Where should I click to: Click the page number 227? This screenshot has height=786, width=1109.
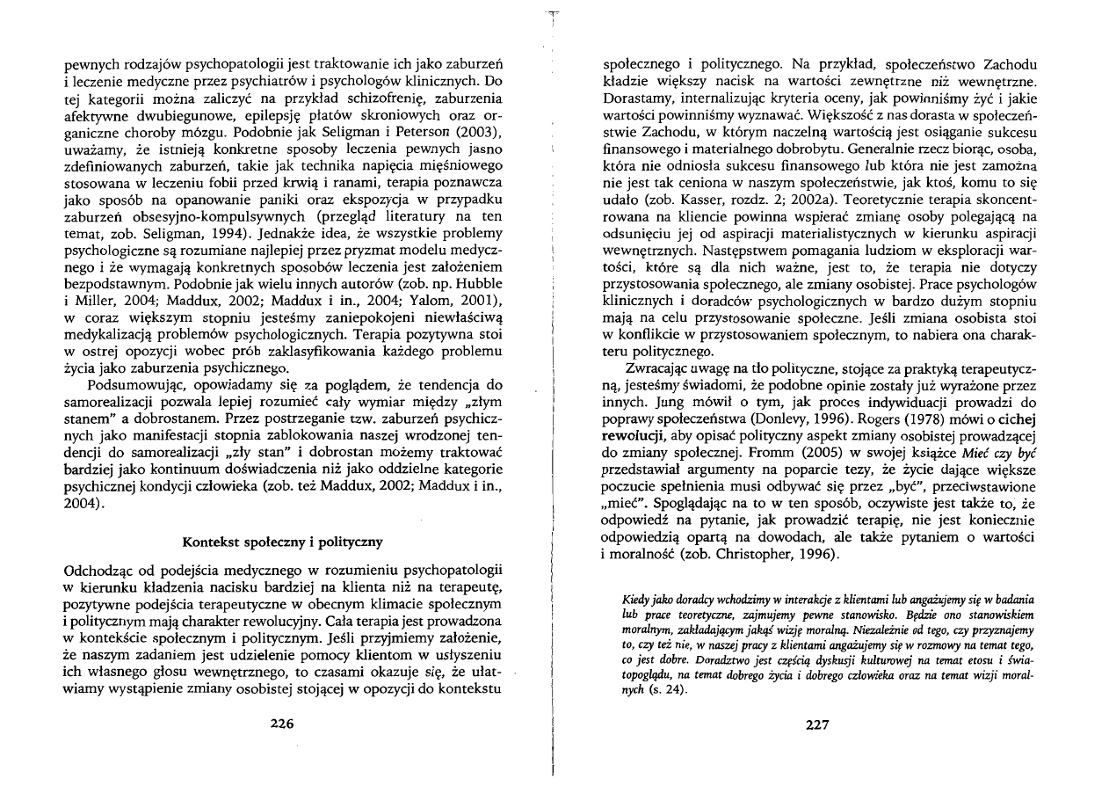click(817, 724)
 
